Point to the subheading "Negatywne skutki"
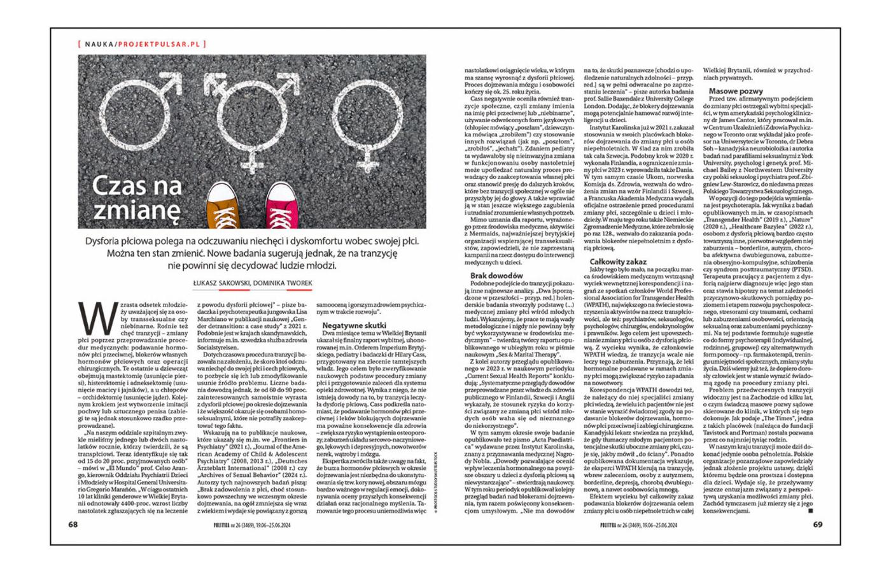point(351,325)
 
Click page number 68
point(74,525)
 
